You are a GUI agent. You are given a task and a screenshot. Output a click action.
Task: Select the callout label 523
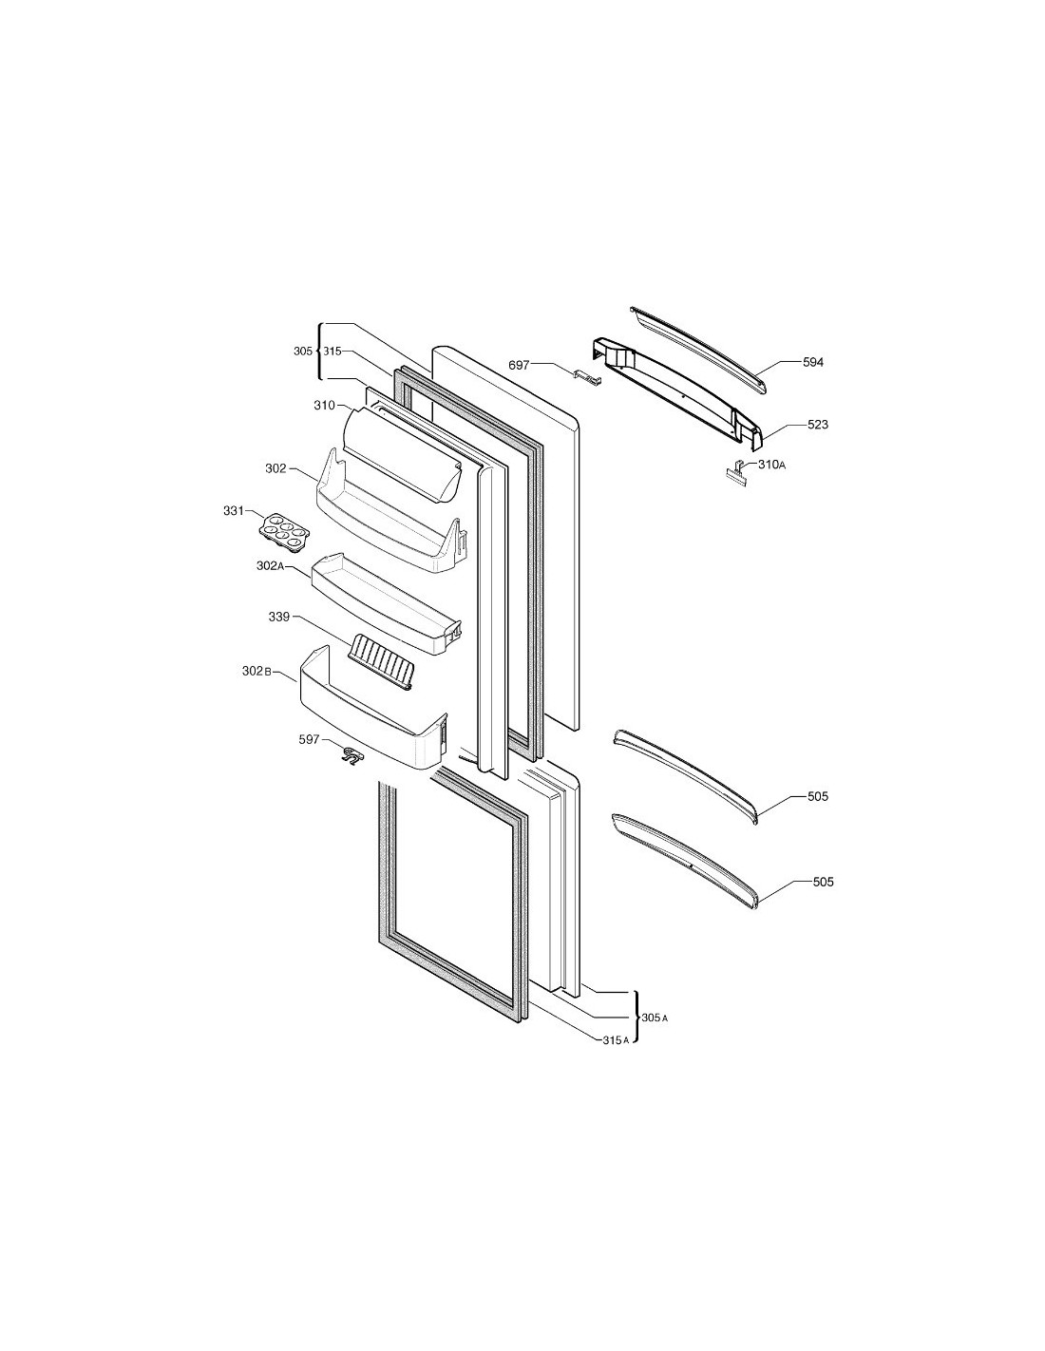(817, 425)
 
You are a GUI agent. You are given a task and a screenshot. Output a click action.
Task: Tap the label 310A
(771, 464)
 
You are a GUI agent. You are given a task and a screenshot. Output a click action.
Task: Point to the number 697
(519, 365)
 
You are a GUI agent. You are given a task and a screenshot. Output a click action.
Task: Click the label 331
(233, 511)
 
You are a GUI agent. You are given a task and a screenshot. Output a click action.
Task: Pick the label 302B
(256, 672)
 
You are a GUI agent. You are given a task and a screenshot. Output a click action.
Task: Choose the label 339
(279, 617)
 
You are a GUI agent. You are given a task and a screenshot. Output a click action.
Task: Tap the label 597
(309, 739)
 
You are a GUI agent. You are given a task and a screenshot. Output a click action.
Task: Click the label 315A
(616, 1039)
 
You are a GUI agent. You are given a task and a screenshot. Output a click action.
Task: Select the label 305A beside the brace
(655, 1018)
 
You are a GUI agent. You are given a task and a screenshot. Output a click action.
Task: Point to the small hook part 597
(352, 756)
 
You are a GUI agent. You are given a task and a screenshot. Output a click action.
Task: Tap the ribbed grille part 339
(383, 662)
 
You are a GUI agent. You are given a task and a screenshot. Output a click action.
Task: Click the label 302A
(271, 565)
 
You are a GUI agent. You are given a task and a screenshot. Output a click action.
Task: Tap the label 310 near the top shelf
(325, 406)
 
